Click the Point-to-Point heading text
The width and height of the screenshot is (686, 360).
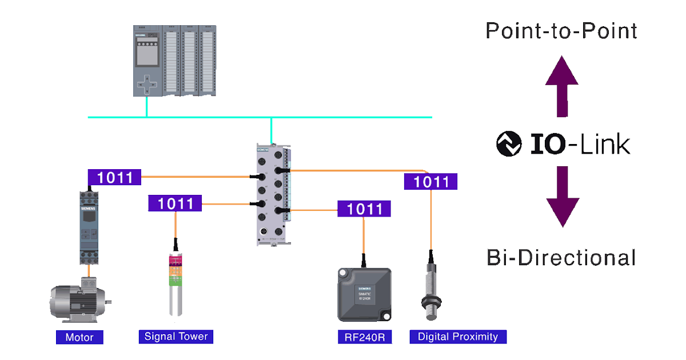click(x=561, y=31)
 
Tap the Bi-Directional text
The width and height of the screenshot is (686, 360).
click(x=561, y=258)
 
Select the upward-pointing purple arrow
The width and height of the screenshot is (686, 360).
click(x=563, y=86)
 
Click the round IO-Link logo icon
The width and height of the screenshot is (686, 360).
click(x=509, y=144)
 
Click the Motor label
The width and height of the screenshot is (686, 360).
click(x=79, y=337)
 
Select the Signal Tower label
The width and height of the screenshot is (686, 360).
click(x=176, y=336)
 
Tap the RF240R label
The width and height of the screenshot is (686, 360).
click(x=365, y=337)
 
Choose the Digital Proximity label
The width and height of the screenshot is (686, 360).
click(x=458, y=337)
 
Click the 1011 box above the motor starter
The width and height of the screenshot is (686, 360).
click(x=114, y=178)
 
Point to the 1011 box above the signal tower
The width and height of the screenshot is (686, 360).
click(x=175, y=203)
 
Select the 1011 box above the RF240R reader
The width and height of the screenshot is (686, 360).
click(x=364, y=209)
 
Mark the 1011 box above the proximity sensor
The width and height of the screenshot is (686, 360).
click(x=430, y=182)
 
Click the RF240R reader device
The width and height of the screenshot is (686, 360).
click(x=364, y=294)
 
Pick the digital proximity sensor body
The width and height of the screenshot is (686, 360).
click(x=430, y=286)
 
